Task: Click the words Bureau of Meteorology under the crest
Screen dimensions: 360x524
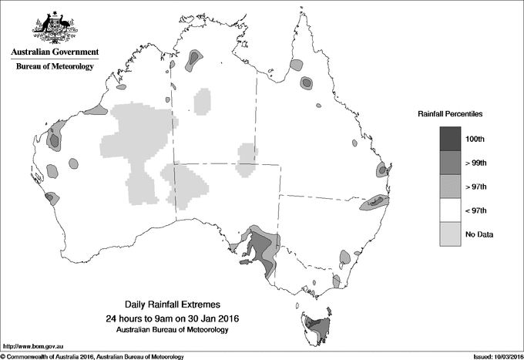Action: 55,67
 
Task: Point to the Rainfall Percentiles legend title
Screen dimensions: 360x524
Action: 450,114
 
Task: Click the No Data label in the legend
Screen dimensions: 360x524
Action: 479,234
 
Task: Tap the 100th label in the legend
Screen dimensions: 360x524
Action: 475,139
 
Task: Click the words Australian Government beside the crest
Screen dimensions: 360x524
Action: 55,52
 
